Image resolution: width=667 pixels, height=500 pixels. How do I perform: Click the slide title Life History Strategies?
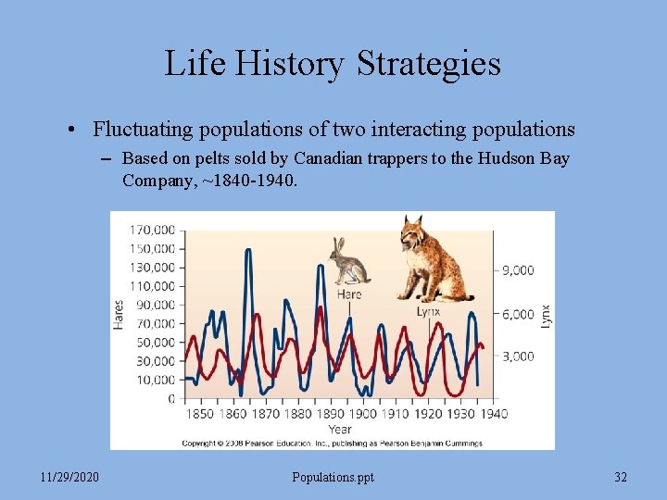(x=333, y=63)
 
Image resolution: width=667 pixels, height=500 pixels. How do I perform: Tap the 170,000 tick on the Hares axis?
(x=152, y=229)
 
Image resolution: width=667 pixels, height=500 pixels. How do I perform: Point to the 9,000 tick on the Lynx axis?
(x=518, y=270)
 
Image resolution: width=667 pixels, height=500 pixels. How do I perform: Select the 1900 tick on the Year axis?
(x=364, y=413)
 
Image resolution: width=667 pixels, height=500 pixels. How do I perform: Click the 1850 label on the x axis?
(x=200, y=413)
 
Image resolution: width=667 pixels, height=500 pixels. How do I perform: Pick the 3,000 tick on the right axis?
(x=518, y=356)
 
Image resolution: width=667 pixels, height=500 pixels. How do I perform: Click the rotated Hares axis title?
(x=119, y=314)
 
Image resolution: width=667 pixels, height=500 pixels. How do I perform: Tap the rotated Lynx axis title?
(x=546, y=314)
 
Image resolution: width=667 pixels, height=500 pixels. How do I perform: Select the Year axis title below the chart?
(x=340, y=429)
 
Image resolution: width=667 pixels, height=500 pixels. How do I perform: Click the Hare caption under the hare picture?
(x=349, y=294)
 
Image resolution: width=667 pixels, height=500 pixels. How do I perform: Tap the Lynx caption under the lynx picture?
(x=428, y=311)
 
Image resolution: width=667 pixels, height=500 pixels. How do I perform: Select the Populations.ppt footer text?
(x=333, y=477)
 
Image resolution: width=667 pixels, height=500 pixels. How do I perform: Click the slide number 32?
(x=620, y=477)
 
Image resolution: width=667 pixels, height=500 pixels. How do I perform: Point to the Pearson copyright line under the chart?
(x=332, y=443)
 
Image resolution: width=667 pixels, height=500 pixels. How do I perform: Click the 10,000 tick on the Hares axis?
(x=156, y=380)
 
